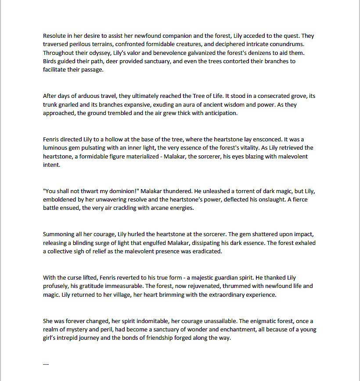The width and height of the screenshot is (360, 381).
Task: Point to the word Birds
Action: tap(50, 61)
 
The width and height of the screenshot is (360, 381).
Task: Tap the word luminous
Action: tap(56, 148)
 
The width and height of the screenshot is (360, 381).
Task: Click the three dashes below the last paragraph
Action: tap(46, 364)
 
